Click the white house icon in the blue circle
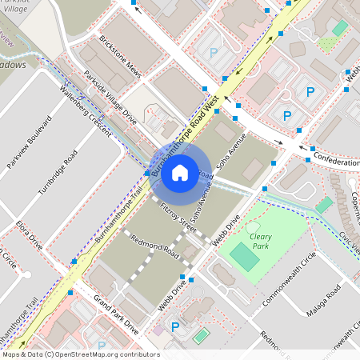tap(180, 171)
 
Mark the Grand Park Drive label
tap(116, 314)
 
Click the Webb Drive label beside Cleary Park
tap(226, 230)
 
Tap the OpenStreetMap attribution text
tap(80, 354)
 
